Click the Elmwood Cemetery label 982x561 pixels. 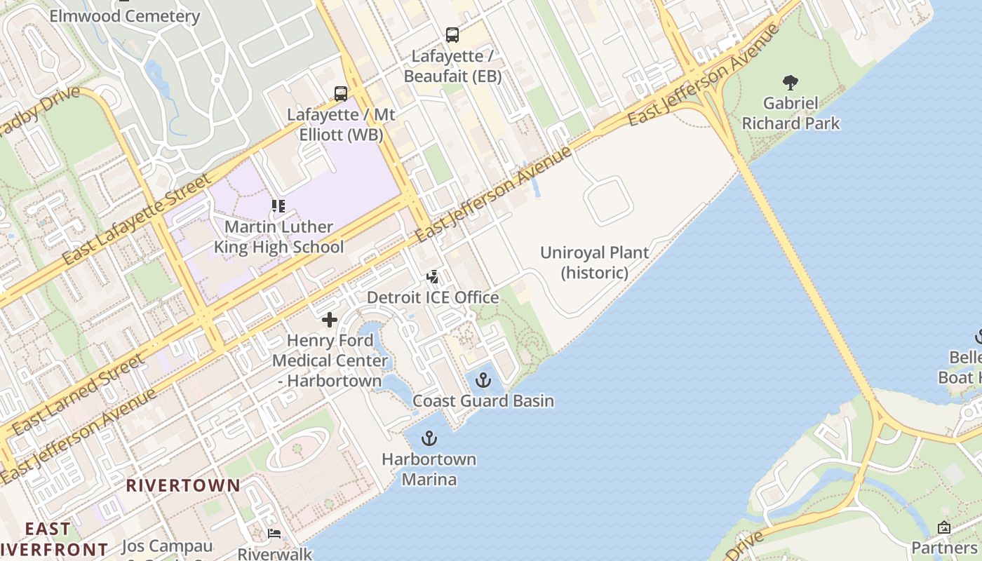point(125,16)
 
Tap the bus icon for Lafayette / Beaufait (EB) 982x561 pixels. point(452,34)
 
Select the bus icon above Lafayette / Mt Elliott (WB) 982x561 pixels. point(341,93)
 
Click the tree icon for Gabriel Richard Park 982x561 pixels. point(791,83)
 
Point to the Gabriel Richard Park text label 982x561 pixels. point(791,114)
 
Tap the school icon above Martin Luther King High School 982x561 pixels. point(278,206)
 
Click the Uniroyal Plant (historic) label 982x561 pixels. point(594,262)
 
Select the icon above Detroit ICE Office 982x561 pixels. point(433,276)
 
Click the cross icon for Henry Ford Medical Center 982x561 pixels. point(330,320)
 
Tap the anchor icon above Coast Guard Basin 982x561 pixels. point(483,380)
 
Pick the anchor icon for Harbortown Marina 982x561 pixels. point(429,439)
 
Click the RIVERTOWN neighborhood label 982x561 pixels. point(183,485)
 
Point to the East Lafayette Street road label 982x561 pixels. point(136,219)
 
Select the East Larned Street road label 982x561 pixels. point(78,393)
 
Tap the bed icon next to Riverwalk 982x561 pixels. point(274,534)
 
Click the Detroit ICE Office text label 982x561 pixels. point(433,297)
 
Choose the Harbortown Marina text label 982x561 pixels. point(429,469)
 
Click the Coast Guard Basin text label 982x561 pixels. point(483,401)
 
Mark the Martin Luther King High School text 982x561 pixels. point(278,237)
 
